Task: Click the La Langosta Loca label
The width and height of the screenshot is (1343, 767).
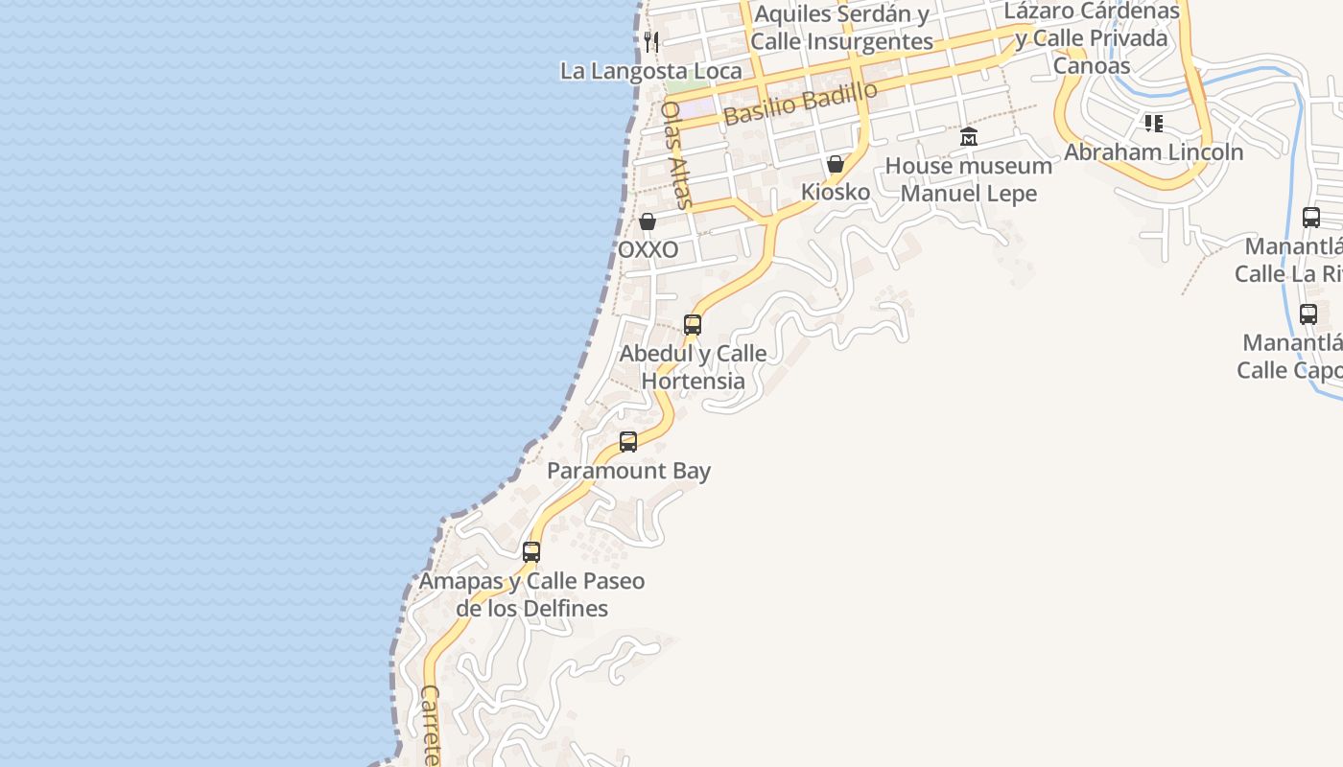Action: pos(651,71)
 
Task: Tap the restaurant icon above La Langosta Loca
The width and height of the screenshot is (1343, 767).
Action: pos(651,41)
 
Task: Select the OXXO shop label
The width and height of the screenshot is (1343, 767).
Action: pos(648,249)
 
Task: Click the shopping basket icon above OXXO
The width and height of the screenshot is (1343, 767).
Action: pos(648,221)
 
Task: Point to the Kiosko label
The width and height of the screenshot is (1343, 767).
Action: pos(836,192)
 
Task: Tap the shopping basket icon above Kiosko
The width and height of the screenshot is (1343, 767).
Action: pos(836,164)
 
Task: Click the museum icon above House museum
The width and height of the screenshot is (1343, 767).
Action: pos(969,137)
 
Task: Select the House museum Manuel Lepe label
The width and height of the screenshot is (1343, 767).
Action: pos(969,179)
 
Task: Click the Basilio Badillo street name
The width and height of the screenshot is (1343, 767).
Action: pos(800,104)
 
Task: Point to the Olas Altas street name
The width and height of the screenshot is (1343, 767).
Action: pos(676,154)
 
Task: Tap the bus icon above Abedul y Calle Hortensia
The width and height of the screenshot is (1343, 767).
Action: pos(693,324)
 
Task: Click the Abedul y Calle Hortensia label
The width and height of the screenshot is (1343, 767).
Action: pos(693,367)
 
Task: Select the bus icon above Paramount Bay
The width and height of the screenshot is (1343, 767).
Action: pos(628,442)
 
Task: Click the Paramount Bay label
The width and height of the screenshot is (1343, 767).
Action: pos(628,471)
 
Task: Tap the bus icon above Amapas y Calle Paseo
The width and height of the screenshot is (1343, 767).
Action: pos(531,552)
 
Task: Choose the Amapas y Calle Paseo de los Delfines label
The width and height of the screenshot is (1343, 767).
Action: pos(531,594)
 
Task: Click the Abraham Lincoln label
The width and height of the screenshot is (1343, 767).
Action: pos(1153,151)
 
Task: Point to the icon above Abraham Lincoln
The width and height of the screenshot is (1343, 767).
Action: pos(1153,123)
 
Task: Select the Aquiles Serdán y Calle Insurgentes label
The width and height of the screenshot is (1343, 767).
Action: pos(841,28)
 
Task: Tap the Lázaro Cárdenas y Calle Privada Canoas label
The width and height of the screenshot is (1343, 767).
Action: pos(1092,38)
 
